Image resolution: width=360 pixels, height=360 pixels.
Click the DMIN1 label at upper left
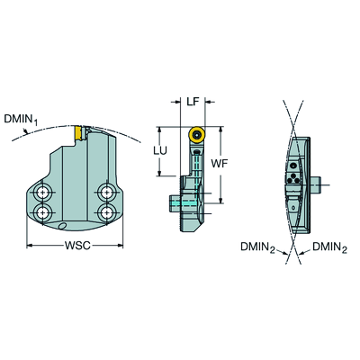click(21, 120)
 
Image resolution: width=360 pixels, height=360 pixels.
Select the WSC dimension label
click(77, 246)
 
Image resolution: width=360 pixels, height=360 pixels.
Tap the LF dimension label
click(193, 102)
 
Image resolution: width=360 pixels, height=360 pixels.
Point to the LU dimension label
click(160, 151)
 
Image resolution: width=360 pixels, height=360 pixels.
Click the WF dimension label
click(220, 164)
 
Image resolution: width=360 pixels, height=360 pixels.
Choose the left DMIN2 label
click(257, 247)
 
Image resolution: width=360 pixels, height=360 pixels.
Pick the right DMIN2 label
click(329, 247)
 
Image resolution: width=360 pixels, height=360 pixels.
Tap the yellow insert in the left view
click(78, 133)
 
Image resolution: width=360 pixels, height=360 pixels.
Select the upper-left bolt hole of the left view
click(43, 192)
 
